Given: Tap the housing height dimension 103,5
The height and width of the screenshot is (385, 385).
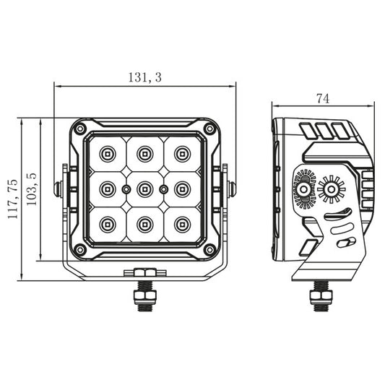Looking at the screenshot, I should (x=31, y=189).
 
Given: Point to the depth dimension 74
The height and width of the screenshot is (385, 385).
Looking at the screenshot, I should (x=323, y=99).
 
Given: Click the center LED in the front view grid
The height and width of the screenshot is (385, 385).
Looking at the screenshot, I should (x=144, y=189).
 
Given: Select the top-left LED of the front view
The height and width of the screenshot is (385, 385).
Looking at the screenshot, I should (x=107, y=153).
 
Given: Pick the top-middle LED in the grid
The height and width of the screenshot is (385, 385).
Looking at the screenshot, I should (x=144, y=153).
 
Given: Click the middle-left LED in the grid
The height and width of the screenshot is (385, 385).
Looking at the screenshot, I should (x=107, y=189).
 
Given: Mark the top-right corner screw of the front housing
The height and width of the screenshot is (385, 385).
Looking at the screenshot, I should (x=209, y=129).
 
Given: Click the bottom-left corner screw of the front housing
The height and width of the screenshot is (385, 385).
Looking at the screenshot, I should (x=79, y=249).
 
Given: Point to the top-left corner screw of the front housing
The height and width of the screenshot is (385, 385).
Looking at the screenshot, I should (x=79, y=129).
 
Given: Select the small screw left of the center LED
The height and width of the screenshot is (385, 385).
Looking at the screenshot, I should (x=126, y=189).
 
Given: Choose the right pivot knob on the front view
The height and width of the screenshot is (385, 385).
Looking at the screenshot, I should (x=231, y=189).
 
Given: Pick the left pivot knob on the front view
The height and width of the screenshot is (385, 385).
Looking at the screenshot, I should (x=58, y=189).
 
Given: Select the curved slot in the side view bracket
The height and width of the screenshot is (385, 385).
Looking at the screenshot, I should (x=337, y=214).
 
